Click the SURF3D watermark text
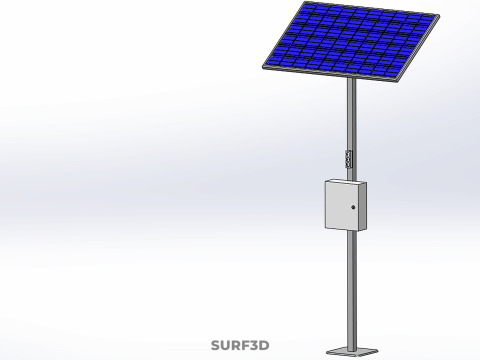click(x=240, y=345)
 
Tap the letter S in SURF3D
click(x=216, y=345)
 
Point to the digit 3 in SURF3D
click(x=254, y=345)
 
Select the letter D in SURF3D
click(x=264, y=345)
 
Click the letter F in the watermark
click(x=245, y=345)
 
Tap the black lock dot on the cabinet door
click(x=353, y=207)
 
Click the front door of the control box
click(x=342, y=205)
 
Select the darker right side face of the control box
click(x=363, y=207)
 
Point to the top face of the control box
click(x=347, y=181)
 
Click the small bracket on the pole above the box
click(x=348, y=159)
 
